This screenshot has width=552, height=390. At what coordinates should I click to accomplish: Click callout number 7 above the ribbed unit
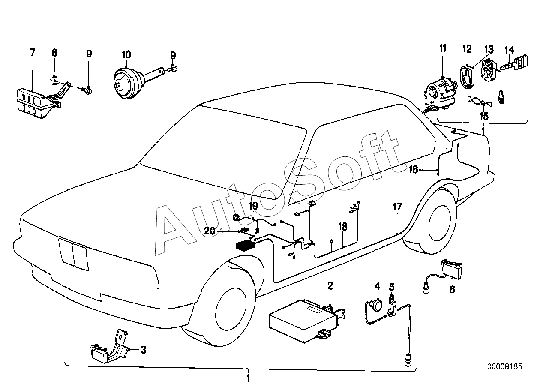(x=33, y=52)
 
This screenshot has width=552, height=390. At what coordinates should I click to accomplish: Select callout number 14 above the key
(x=510, y=50)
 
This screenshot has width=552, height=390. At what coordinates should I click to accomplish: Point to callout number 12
(x=467, y=49)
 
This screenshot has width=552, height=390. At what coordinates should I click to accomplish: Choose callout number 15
(x=484, y=116)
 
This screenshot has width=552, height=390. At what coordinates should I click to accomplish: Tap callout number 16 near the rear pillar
(x=414, y=170)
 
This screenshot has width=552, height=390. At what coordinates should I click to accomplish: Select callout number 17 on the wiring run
(x=397, y=207)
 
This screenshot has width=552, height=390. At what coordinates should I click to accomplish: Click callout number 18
(x=343, y=227)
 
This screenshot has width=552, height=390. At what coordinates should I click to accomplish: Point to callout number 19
(x=253, y=206)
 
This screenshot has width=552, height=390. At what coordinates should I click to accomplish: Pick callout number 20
(x=210, y=231)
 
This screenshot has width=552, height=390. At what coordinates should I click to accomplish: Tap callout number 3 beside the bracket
(x=143, y=350)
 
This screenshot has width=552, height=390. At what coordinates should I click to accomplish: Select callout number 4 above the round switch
(x=377, y=286)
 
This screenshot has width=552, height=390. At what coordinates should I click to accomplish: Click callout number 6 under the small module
(x=452, y=289)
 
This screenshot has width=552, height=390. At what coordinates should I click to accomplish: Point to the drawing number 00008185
(x=504, y=366)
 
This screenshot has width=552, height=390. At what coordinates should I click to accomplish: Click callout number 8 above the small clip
(x=54, y=52)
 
